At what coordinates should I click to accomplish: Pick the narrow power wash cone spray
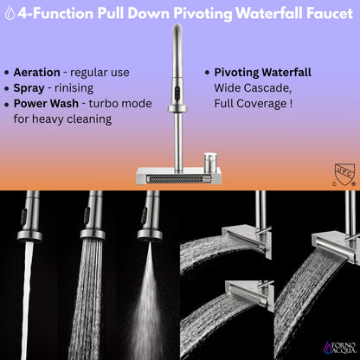pos(145,294)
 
